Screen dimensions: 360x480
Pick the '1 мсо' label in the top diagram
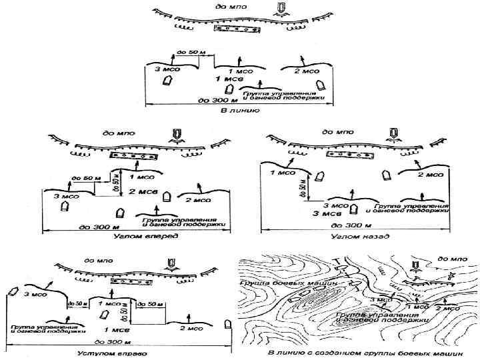pyautogui.click(x=240, y=70)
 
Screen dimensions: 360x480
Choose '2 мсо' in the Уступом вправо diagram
pyautogui.click(x=193, y=328)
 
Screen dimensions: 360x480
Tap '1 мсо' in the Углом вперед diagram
pyautogui.click(x=141, y=177)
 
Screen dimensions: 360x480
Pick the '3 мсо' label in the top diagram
pyautogui.click(x=166, y=69)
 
